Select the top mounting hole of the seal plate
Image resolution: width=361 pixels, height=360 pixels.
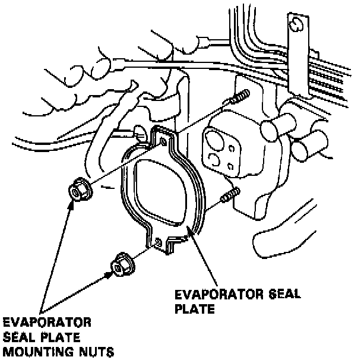[163, 141]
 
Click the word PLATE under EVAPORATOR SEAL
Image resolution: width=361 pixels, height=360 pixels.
[192, 309]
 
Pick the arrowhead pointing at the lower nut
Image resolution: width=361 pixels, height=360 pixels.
[109, 274]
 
